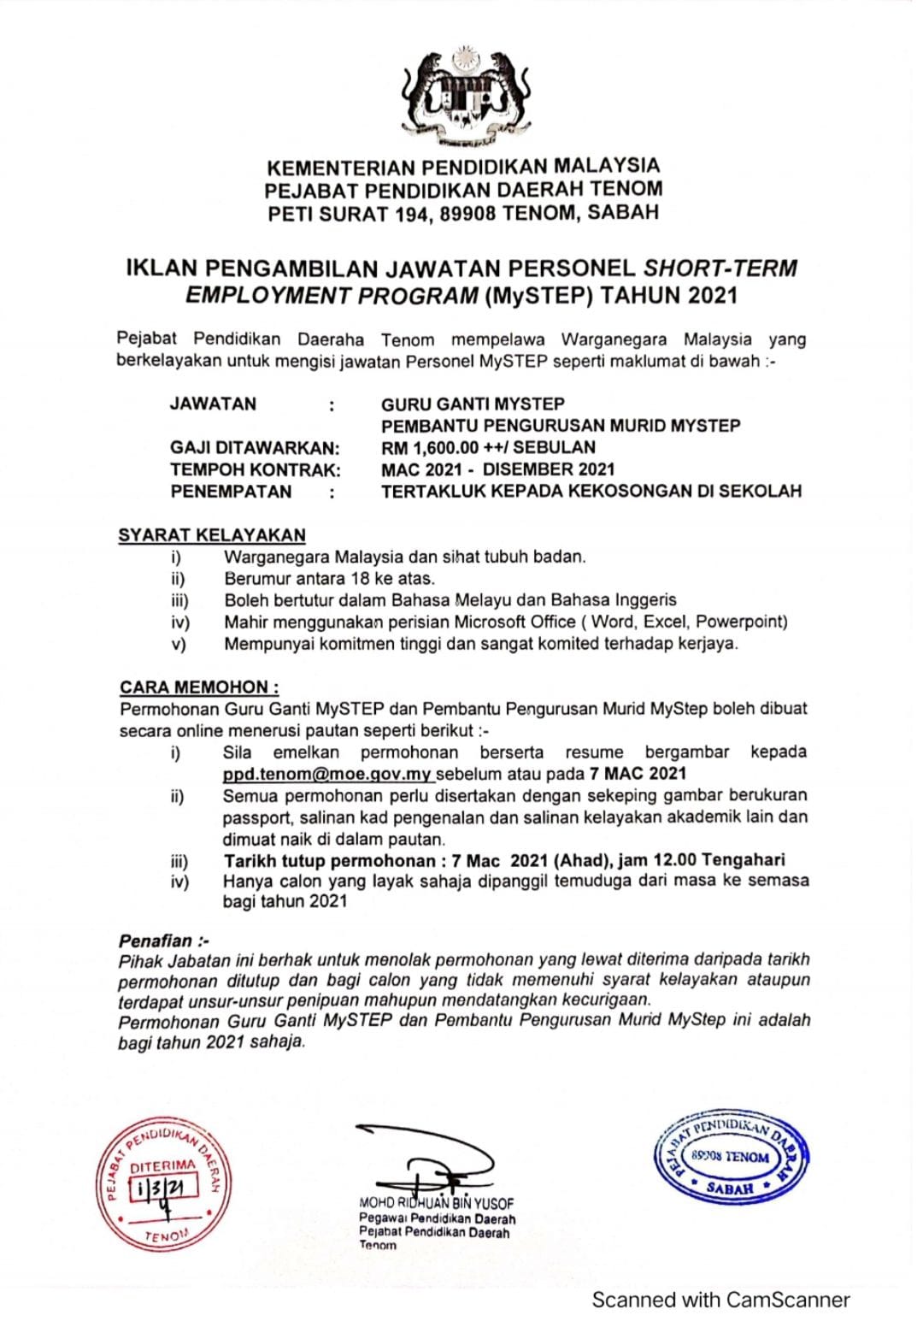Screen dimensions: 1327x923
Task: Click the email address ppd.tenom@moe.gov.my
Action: coord(327,774)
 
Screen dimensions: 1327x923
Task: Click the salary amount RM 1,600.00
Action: coord(430,447)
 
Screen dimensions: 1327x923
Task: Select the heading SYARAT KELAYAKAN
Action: coord(212,535)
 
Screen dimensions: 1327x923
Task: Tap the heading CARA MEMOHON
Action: coord(199,687)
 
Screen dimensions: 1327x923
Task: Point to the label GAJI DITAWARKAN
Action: coord(254,447)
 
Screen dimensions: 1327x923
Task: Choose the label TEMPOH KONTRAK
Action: coord(255,469)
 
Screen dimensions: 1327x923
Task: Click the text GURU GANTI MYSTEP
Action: coord(473,404)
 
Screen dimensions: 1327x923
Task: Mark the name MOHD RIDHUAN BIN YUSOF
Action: coord(437,1203)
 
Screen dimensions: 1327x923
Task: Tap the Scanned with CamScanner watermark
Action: coord(720,1300)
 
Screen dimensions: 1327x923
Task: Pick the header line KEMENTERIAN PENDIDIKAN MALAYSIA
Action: coord(463,166)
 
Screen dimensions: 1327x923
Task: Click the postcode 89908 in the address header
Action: coord(467,214)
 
